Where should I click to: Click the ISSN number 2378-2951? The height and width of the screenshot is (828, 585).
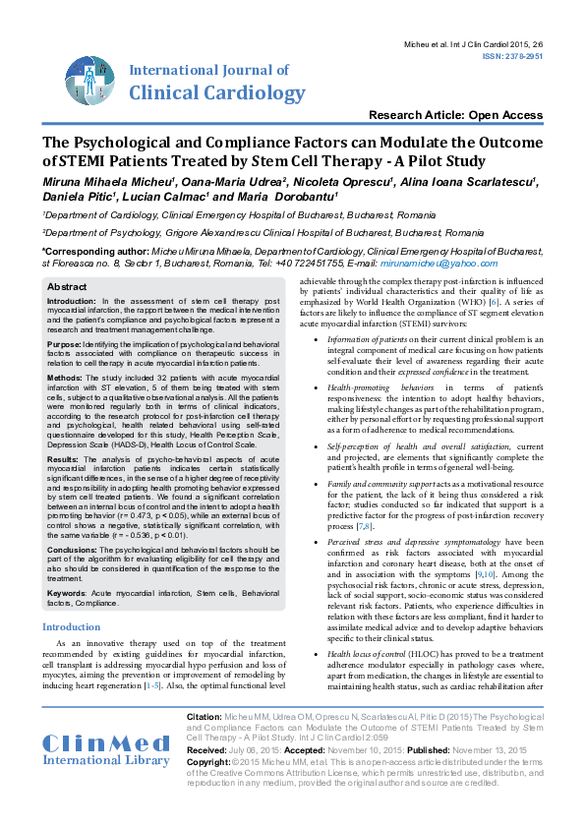pyautogui.click(x=522, y=57)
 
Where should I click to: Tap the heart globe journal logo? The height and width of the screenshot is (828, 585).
pyautogui.click(x=89, y=77)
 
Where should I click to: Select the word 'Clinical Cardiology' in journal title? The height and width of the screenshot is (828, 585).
pyautogui.click(x=218, y=93)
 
